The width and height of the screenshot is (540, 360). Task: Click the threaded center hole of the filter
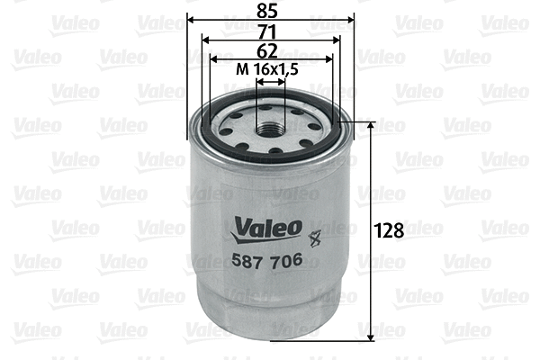point(271,128)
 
